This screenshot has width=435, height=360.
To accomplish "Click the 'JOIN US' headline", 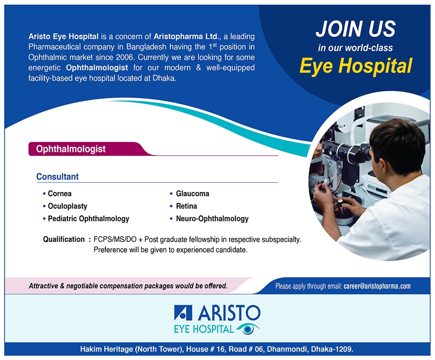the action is coord(356,28).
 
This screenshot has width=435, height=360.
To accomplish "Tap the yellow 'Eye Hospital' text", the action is coord(356,66).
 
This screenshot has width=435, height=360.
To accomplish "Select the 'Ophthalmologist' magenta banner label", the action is coord(71,149).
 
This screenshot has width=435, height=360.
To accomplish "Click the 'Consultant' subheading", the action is coord(57,177).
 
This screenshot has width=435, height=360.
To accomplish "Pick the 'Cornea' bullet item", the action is coord(60,193).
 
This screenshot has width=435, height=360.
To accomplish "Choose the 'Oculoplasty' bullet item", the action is coord(67,206).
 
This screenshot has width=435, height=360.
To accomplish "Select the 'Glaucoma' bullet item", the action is coord(192,193).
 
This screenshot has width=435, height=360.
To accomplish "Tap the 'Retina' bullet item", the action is coord(186,206).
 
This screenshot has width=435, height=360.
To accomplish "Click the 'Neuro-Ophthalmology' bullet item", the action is coord(212,219).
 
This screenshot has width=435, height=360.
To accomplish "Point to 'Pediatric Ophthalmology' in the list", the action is coord(88,219).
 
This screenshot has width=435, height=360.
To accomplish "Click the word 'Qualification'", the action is coord(64,239).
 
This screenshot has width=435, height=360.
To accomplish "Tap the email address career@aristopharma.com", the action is coord(377,286).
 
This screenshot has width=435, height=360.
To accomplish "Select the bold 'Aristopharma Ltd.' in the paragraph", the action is coord(186,36).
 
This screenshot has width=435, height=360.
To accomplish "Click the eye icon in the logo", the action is coord(248,329).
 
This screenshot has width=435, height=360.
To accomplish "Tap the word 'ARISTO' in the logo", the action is coord(229,313).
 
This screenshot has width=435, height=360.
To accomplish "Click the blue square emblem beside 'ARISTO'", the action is coord(183,312).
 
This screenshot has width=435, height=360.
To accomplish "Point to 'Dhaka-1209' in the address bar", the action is coord(332,349).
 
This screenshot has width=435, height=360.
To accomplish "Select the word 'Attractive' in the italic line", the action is coord(43,286).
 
